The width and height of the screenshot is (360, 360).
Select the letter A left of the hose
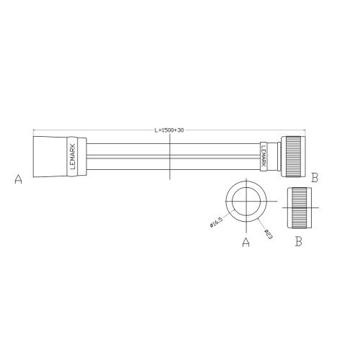coord(18,180)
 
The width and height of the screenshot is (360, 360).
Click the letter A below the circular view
coord(246,243)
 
